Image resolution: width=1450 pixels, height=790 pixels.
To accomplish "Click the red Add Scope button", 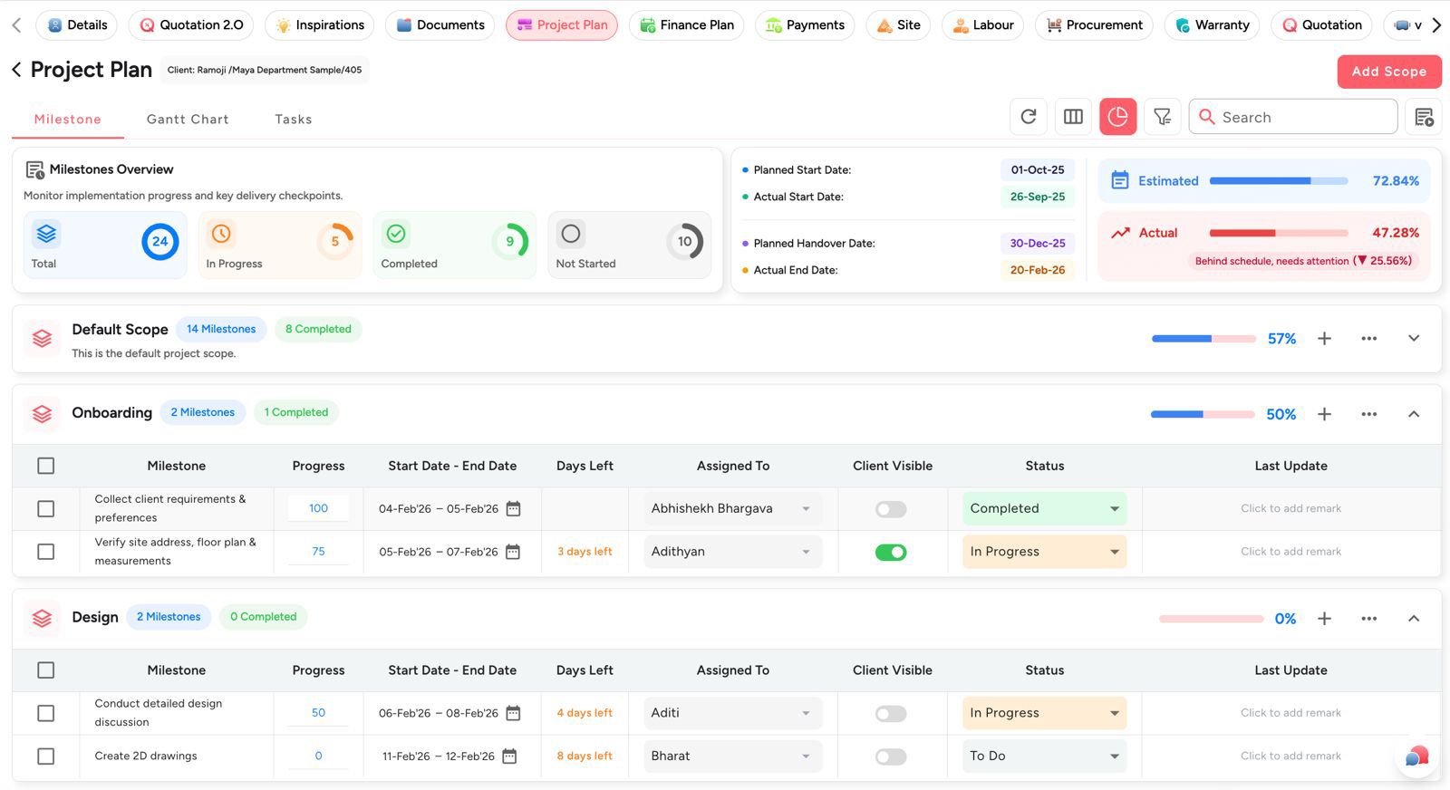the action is click(1388, 72).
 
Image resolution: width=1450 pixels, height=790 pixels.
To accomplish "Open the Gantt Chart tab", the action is click(188, 119).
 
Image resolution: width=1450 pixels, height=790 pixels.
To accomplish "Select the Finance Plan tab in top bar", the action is click(687, 25).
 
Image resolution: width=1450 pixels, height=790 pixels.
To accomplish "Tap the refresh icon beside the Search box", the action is click(1029, 117).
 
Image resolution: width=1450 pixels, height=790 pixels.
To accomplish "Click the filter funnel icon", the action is click(1162, 117).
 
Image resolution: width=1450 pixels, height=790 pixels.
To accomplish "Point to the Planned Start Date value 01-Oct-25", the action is click(1038, 169).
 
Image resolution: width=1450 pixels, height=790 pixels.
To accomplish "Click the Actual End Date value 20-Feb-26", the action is click(1038, 270).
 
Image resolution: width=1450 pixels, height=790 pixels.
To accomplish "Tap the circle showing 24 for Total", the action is click(159, 241).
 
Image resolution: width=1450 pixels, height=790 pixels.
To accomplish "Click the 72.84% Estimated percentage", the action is click(1396, 181).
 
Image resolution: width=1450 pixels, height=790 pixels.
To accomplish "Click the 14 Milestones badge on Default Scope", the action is click(221, 329).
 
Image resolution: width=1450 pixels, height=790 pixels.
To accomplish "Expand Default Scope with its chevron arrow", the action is click(1413, 338).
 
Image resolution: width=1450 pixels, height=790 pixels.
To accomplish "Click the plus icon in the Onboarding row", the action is click(1324, 414).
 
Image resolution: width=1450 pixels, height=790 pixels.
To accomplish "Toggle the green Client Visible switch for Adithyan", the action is click(891, 552).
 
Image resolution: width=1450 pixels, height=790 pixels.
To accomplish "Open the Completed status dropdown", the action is click(1044, 508).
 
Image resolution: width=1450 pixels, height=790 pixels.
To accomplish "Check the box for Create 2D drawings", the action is click(46, 756).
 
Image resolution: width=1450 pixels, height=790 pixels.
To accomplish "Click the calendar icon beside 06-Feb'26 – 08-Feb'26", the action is click(513, 713).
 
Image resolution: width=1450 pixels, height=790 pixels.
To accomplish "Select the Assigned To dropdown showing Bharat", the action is click(732, 756).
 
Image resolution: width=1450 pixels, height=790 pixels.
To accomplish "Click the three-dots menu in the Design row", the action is click(1368, 619).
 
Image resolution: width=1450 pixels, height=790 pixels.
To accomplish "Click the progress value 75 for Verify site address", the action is click(318, 551).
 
